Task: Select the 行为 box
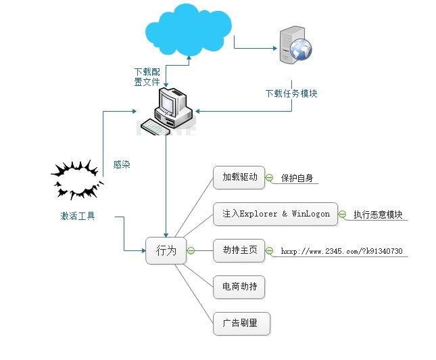[166, 250]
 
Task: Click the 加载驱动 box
[240, 177]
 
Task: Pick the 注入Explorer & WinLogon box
[276, 214]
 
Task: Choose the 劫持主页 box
[240, 250]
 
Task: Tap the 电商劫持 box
[240, 287]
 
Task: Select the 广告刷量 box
[240, 323]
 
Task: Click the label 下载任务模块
[291, 94]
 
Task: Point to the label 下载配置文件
[147, 76]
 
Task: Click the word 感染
[122, 164]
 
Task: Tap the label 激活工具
[78, 217]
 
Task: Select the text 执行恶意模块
[378, 215]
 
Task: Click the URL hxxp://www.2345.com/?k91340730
[341, 251]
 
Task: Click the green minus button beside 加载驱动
[268, 178]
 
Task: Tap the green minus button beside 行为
[190, 250]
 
